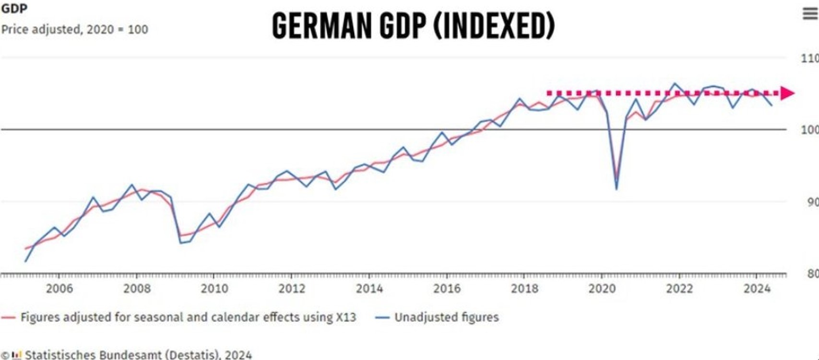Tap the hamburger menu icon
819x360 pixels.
point(810,13)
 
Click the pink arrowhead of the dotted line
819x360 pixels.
point(787,93)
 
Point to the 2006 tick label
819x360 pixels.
point(59,288)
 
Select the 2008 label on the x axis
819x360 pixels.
point(137,288)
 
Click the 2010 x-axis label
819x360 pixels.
point(214,288)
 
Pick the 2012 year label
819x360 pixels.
point(292,288)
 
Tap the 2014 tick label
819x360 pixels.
point(369,288)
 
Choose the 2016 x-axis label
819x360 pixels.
point(447,288)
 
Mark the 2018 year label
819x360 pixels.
point(524,288)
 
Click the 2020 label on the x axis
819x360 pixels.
point(602,288)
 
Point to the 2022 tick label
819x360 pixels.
point(679,288)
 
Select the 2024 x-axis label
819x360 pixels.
point(757,288)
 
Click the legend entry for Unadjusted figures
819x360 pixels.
point(446,317)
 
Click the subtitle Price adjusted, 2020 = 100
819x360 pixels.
point(74,29)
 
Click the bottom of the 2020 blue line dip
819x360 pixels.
point(617,189)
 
